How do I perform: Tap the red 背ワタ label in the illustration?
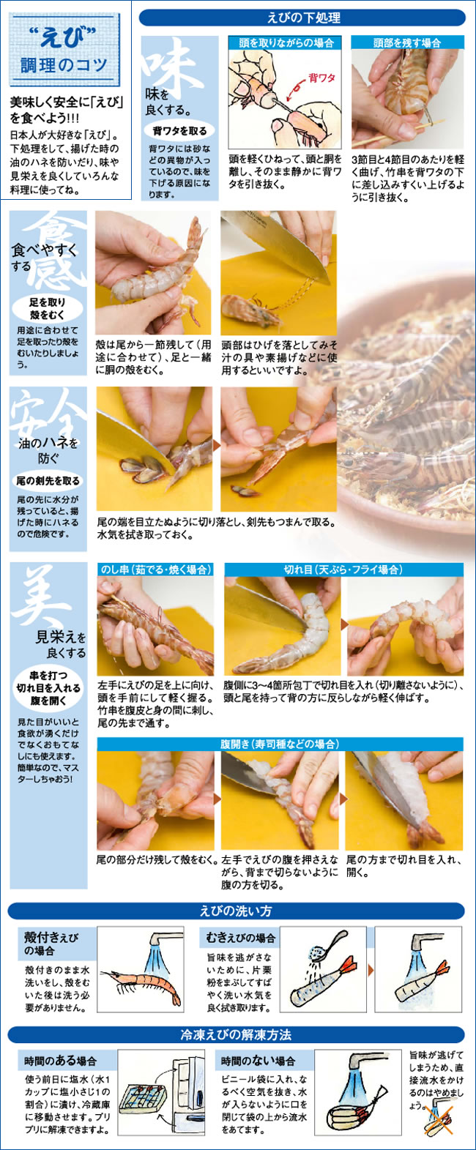(321, 78)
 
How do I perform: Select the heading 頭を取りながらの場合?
(286, 42)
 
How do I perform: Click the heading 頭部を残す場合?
(407, 42)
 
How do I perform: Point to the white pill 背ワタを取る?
(179, 131)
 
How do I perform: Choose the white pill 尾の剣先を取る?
(48, 480)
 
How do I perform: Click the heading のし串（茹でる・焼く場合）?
(155, 570)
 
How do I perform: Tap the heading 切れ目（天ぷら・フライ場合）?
(343, 570)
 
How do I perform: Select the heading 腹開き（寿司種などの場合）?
(280, 744)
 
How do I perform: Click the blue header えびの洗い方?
(237, 911)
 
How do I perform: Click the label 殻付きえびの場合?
(51, 944)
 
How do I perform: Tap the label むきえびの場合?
(241, 938)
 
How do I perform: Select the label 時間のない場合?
(259, 1061)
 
